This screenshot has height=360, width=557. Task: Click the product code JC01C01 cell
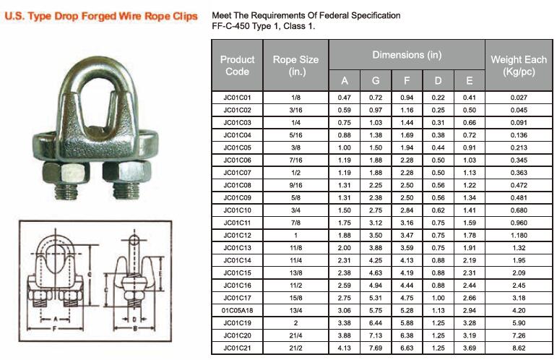click(237, 98)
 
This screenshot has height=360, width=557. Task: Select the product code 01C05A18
click(237, 311)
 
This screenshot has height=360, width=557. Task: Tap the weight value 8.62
click(519, 348)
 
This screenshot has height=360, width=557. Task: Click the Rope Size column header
click(295, 65)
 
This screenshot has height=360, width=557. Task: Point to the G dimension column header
click(376, 81)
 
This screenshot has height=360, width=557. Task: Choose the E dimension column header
click(470, 81)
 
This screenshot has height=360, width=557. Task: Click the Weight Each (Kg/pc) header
click(519, 65)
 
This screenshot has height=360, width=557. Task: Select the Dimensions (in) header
click(407, 55)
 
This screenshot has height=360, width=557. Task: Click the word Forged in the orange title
click(99, 17)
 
